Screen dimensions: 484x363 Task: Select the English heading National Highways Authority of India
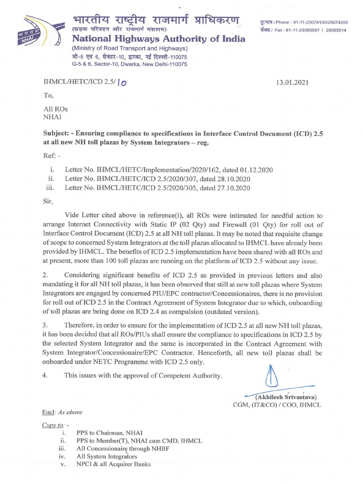pos(158,39)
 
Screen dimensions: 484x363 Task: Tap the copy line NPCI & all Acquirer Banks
pos(113,464)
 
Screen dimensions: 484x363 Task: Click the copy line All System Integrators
pos(107,457)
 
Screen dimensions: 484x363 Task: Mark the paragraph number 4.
pos(45,376)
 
